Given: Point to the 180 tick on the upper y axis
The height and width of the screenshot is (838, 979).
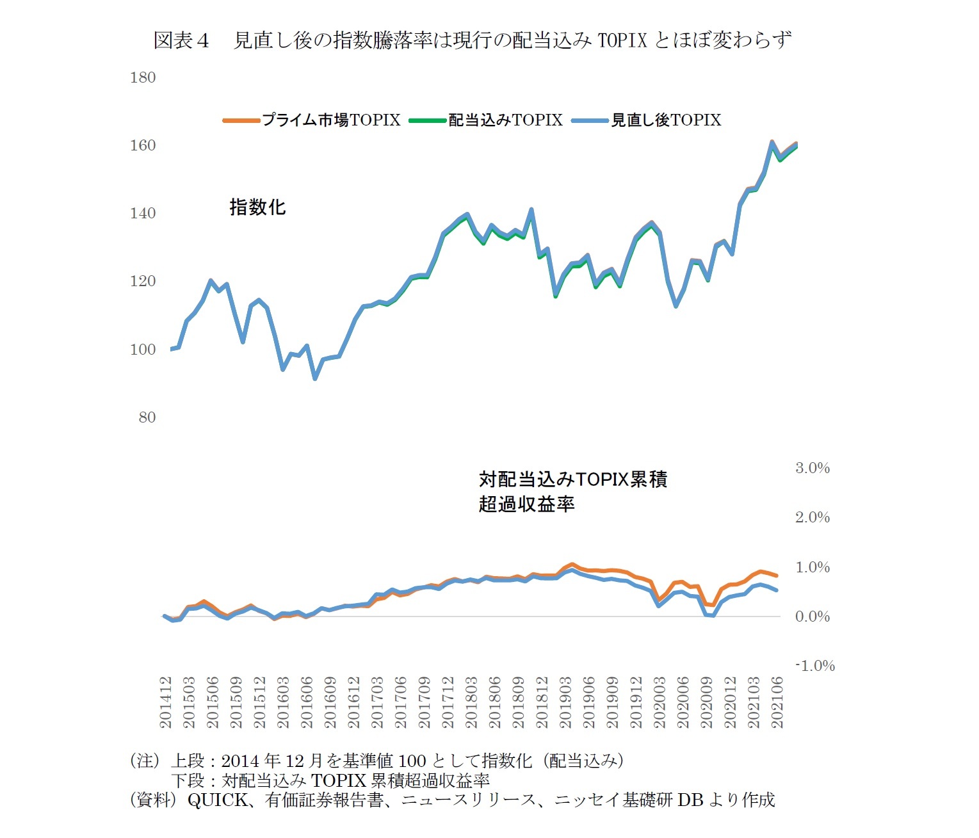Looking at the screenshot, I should tap(143, 77).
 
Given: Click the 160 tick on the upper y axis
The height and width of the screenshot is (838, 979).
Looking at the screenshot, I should tap(143, 145).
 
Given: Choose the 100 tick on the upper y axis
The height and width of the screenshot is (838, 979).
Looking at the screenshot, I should tap(143, 350).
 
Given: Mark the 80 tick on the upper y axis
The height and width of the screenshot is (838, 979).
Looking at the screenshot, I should tap(147, 417).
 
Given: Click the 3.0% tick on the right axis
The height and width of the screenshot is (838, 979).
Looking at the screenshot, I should tap(812, 468).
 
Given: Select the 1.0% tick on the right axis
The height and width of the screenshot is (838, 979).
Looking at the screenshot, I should tap(812, 567).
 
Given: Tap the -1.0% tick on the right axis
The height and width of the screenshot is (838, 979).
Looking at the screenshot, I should tap(814, 666).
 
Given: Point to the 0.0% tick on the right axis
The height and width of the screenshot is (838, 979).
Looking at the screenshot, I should tap(812, 616).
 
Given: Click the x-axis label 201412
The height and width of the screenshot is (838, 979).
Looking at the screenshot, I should tap(166, 702).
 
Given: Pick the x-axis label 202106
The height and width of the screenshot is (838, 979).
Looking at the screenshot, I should tap(777, 702).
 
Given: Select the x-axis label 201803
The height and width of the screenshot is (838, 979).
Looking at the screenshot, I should tap(471, 702).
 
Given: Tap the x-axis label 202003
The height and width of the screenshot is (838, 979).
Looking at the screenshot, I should tap(659, 702).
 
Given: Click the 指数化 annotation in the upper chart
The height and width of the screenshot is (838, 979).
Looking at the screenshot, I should tap(257, 207).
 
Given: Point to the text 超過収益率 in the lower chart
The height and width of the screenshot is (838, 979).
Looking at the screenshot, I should tap(526, 504).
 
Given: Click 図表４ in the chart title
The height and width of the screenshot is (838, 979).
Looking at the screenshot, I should tap(181, 40).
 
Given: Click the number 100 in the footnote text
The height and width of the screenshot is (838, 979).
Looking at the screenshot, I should tap(412, 761).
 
